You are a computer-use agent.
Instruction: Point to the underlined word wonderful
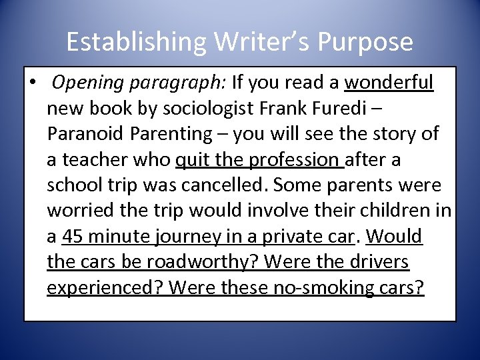(389, 83)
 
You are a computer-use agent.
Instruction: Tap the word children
(401, 210)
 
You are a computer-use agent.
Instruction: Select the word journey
(186, 236)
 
